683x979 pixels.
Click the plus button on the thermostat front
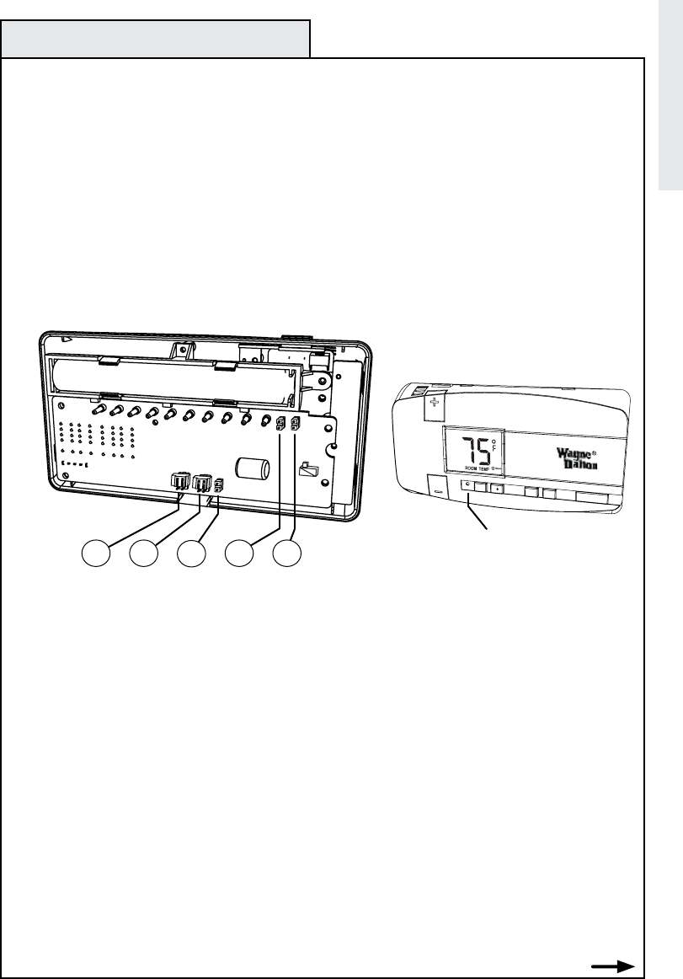(498, 488)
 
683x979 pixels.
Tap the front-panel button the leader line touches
(467, 488)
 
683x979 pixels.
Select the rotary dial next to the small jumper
(202, 483)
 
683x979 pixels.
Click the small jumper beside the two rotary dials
(219, 484)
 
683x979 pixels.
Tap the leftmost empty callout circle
(96, 557)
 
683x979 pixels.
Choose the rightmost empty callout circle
(289, 557)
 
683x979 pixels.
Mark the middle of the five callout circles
(193, 557)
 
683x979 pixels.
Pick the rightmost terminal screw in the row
(265, 420)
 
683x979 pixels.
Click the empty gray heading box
(156, 39)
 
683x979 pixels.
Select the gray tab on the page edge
(670, 97)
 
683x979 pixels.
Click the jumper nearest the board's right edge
(296, 425)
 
